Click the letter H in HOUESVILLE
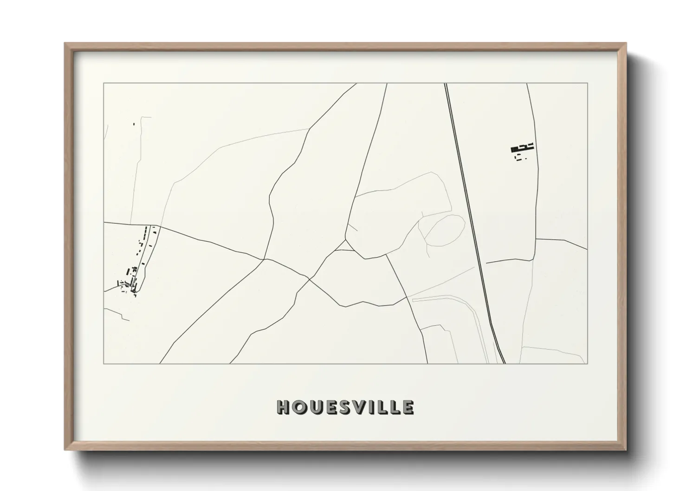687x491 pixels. pos(283,407)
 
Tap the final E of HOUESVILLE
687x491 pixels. pos(408,407)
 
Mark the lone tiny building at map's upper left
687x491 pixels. pos(134,124)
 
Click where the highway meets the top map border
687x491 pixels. pos(446,84)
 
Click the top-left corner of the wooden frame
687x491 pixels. pos(65,44)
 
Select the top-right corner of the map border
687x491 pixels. pos(587,84)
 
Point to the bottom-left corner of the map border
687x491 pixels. pos(104,363)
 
